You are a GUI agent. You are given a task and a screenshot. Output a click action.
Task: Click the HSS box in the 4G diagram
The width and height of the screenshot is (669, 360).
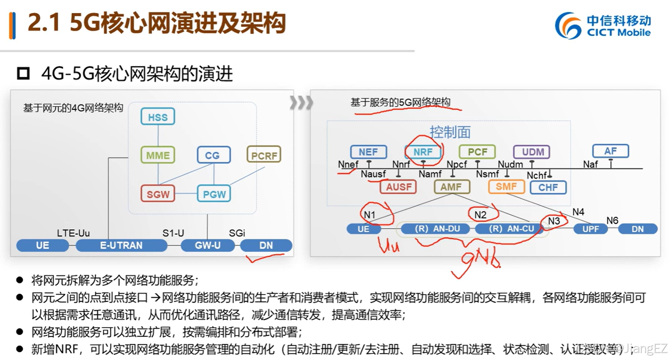coord(158,117)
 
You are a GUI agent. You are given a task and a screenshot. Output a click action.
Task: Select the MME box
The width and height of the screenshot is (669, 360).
coord(158,155)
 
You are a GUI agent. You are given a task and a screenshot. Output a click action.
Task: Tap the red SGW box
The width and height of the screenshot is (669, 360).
coord(158,194)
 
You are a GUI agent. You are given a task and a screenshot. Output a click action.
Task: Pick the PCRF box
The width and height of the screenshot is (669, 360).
coord(264,155)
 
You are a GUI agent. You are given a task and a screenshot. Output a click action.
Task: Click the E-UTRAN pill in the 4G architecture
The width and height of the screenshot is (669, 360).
coord(121,245)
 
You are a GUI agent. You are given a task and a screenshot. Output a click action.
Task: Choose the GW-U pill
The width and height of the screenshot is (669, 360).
coord(208,245)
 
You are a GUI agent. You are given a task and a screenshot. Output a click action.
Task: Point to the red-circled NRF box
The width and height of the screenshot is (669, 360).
coord(423,152)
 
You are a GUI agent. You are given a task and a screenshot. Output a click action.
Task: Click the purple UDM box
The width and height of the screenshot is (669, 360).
coord(532,152)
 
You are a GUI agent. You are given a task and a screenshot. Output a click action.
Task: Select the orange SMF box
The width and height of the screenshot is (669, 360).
coord(506,187)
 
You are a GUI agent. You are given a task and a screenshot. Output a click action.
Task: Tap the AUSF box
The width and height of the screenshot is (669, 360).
coord(398,187)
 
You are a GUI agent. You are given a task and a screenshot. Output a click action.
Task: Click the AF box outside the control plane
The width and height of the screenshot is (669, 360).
coord(610,151)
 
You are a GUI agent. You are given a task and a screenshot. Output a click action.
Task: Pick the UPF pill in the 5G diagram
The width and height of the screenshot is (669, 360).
coord(590,229)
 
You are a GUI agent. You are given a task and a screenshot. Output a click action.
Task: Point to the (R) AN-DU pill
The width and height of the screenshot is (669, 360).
coord(437,229)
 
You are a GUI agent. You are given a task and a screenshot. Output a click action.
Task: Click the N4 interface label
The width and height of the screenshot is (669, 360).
coord(578,212)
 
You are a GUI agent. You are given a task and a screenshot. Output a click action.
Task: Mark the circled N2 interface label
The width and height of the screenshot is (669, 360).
coord(480,215)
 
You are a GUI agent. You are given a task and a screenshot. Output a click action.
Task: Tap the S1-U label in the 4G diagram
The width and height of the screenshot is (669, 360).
coord(173,233)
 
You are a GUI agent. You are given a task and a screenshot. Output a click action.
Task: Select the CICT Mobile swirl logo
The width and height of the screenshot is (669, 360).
coord(568,25)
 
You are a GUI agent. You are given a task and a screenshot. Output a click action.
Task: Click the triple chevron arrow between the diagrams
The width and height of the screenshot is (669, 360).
coord(301,103)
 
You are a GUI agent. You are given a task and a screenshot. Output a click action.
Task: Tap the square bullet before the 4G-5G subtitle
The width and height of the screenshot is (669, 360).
coord(23,73)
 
